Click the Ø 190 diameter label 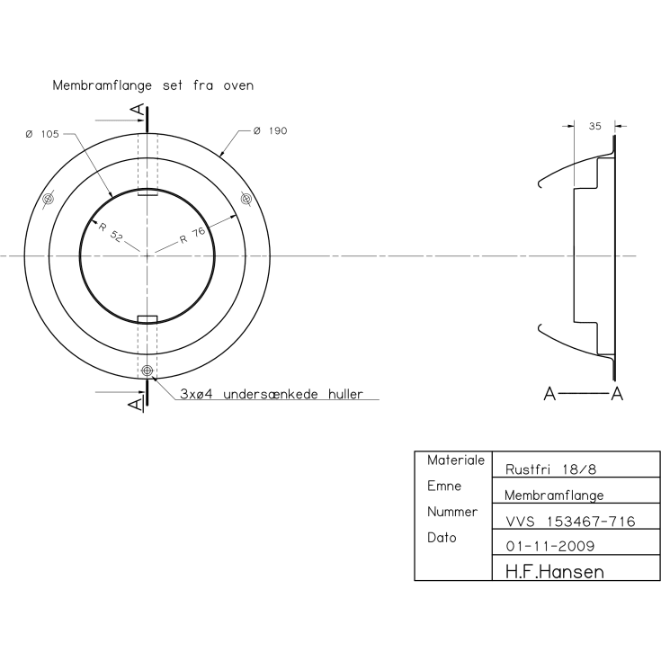(270, 132)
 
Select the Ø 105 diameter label (42, 134)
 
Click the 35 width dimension (594, 127)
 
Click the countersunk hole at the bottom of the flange (147, 371)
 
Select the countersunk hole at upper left (49, 199)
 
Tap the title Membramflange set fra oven (153, 86)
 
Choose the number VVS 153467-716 (569, 521)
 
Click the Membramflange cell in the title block (553, 495)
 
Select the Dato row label (442, 538)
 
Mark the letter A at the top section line (137, 110)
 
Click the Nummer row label (451, 512)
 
